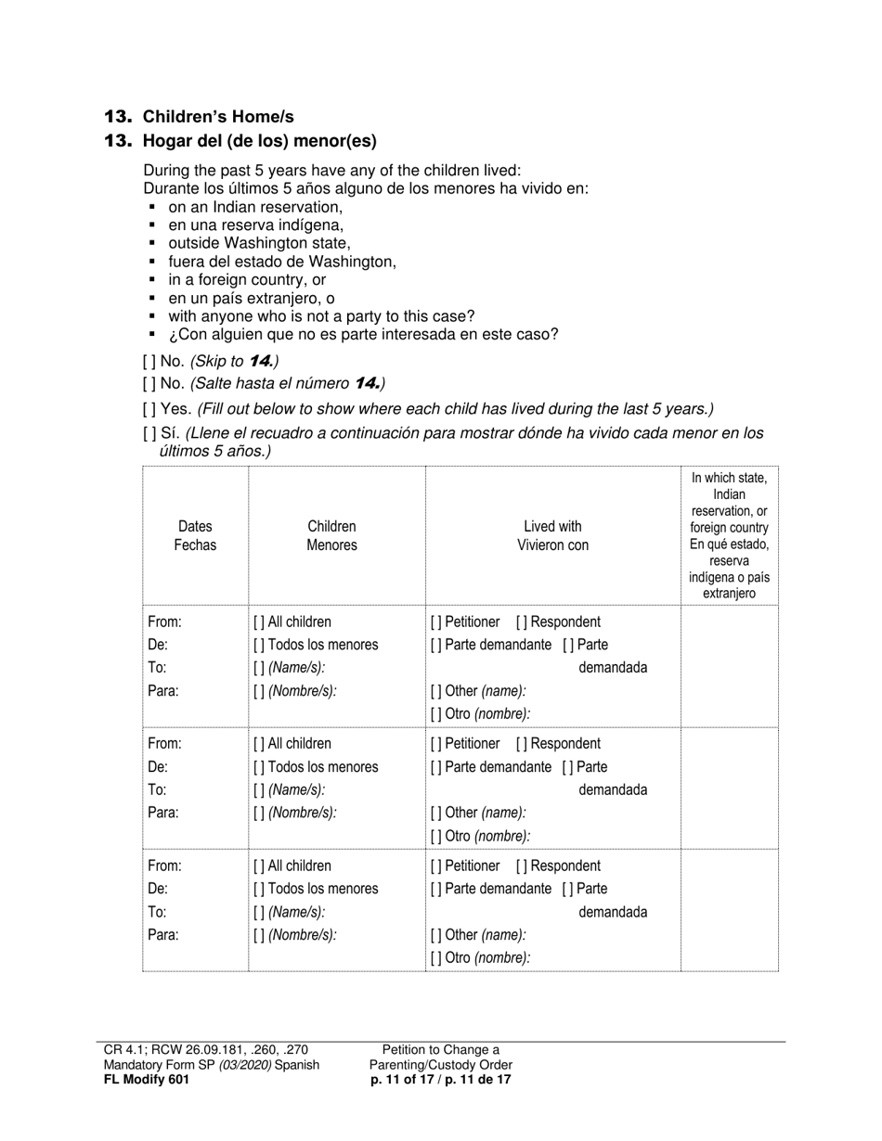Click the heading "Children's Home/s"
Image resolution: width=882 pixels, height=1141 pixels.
pos(217,117)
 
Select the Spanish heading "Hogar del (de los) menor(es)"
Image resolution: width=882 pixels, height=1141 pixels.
pos(259,141)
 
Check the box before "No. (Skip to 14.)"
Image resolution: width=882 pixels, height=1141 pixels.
pos(149,361)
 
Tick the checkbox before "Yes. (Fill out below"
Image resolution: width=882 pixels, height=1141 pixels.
pos(149,409)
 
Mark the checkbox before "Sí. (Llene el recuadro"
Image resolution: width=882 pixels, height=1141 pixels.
pos(149,433)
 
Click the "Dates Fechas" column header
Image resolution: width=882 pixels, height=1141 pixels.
pos(195,536)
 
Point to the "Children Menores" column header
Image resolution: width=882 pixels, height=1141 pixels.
pos(331,536)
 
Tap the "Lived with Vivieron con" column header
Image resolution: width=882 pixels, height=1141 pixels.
pos(552,536)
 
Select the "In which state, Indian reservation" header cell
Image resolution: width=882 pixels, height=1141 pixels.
pos(729,535)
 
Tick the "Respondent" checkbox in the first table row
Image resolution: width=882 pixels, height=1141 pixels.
pos(522,622)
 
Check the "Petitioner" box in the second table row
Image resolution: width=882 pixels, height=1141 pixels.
pos(435,744)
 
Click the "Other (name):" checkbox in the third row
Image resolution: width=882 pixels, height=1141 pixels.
pos(435,935)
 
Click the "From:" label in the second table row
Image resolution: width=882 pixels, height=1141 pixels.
pos(164,744)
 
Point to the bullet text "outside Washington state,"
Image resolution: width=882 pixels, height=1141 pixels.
pos(259,244)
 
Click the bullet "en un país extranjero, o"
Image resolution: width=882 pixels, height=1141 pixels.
pos(252,299)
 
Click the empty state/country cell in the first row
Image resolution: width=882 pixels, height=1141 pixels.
pos(729,666)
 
